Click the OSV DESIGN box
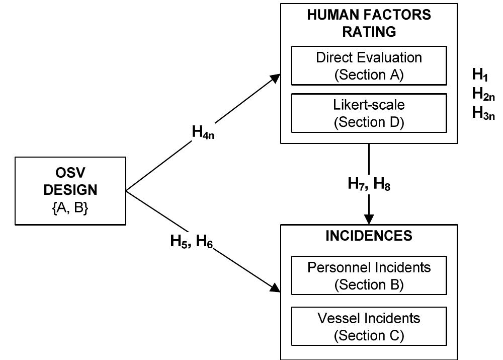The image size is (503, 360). tap(70, 190)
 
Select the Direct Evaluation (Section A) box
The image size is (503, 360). tap(369, 65)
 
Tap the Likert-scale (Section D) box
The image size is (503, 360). tap(369, 113)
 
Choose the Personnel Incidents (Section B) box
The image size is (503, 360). tap(369, 275)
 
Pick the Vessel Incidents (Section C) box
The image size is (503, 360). tap(369, 326)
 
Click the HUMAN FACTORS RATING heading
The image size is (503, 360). tap(369, 23)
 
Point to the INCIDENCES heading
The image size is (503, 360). tap(369, 235)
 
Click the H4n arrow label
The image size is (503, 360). tap(203, 132)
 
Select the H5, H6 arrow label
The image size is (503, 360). tap(192, 242)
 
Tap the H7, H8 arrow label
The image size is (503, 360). tap(369, 184)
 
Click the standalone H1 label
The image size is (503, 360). tap(480, 75)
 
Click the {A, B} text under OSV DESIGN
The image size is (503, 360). tap(70, 208)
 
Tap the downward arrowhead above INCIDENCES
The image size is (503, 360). tap(369, 220)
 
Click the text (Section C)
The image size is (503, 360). tap(369, 335)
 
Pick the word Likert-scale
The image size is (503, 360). tap(369, 105)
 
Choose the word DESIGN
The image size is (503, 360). tap(70, 190)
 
